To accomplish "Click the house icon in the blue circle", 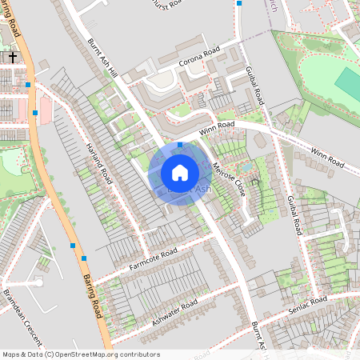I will [x=179, y=173].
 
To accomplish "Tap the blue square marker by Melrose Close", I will [x=180, y=145].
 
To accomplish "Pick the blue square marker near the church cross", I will [x=28, y=84].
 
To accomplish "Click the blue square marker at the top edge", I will [x=238, y=3].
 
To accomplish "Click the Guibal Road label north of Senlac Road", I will [x=293, y=214].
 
